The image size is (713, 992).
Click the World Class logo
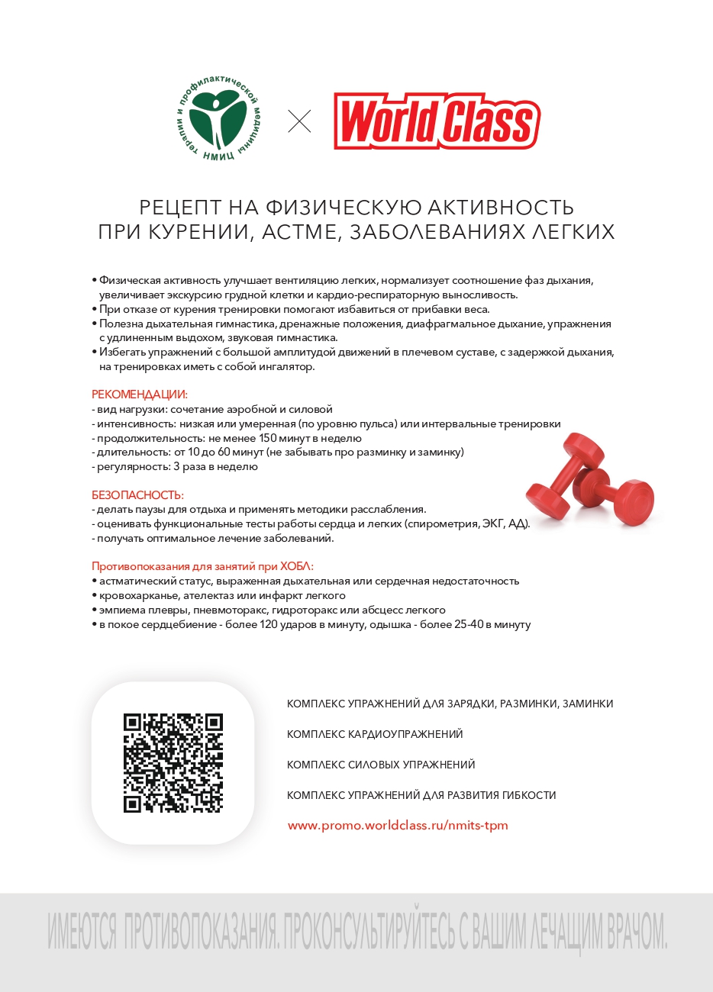click(x=437, y=121)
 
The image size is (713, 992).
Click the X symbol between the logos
click(x=299, y=121)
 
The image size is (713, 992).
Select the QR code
click(x=173, y=763)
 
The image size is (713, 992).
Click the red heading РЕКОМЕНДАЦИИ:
click(x=140, y=395)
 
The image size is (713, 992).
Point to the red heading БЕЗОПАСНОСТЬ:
click(x=137, y=494)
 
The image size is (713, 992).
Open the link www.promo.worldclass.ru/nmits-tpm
click(x=398, y=826)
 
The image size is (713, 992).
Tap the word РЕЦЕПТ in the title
click(x=180, y=208)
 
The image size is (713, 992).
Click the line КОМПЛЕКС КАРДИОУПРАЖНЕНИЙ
click(x=375, y=734)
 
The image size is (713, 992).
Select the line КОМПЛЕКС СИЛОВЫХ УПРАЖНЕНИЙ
click(x=381, y=765)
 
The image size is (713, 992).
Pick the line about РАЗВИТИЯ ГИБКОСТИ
click(x=421, y=795)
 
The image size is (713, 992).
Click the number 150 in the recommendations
click(x=268, y=438)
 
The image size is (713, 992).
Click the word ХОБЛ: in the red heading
click(x=297, y=566)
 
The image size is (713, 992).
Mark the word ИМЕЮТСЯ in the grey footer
click(x=82, y=931)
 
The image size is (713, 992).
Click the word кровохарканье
click(x=140, y=595)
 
